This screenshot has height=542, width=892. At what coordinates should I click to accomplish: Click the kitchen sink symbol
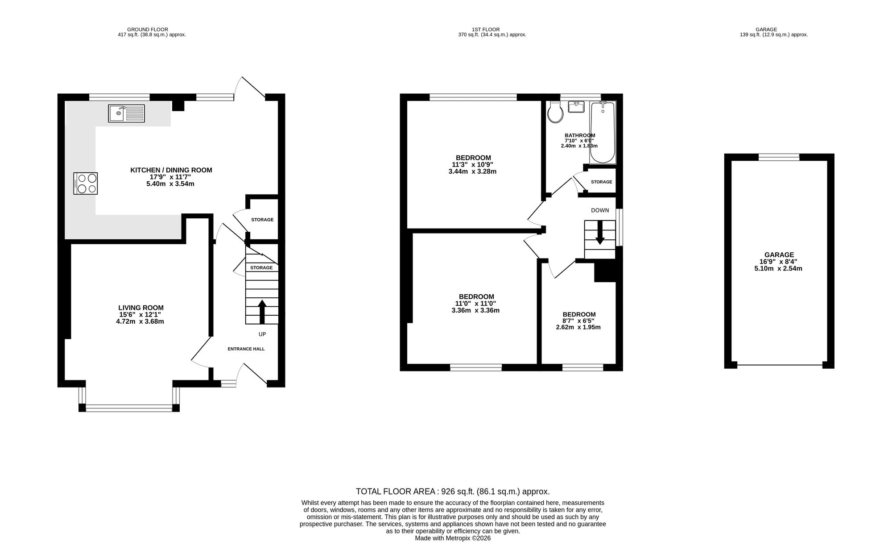[126, 113]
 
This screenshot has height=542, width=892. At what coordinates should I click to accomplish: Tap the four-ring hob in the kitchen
[86, 183]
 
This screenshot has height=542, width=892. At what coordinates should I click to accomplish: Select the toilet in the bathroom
[556, 112]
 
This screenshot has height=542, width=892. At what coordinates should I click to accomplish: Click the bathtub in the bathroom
[603, 133]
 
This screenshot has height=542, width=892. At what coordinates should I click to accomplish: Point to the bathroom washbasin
[576, 107]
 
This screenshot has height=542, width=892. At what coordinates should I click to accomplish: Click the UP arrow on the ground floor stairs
[262, 312]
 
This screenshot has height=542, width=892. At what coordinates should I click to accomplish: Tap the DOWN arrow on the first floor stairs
[600, 233]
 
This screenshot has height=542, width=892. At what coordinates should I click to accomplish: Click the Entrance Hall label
[246, 349]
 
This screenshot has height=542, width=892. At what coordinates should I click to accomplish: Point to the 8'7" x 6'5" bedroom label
[579, 321]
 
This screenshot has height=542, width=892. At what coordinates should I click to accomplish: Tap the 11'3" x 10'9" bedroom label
[473, 164]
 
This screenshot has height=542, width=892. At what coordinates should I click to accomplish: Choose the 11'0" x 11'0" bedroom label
[476, 304]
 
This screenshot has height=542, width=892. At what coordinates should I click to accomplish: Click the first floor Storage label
[602, 182]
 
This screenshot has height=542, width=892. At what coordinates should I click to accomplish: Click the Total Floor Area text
[453, 492]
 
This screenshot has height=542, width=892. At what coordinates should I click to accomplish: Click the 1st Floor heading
[492, 32]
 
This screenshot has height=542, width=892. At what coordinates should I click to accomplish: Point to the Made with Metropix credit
[453, 538]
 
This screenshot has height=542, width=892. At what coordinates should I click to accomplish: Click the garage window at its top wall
[779, 157]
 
